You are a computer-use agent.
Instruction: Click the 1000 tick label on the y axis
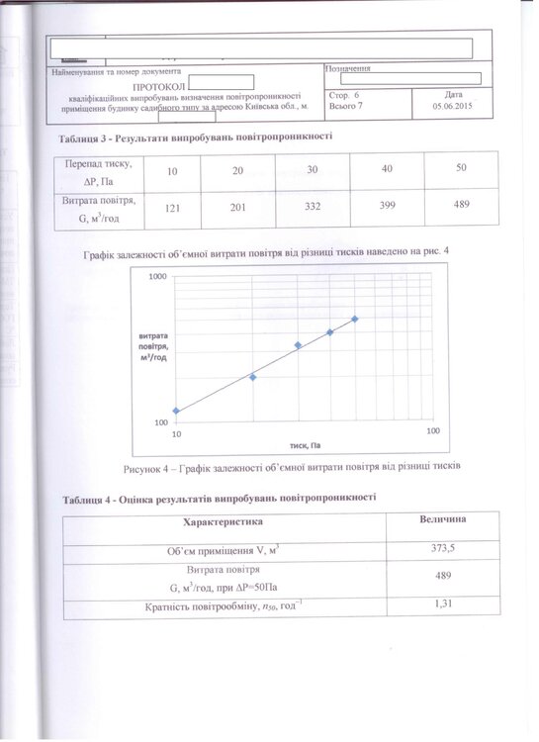(155, 278)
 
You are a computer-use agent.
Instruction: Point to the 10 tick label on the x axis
(177, 434)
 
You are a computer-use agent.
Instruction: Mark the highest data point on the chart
(355, 319)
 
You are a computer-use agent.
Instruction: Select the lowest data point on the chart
(176, 411)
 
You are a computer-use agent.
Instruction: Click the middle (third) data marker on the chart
(298, 345)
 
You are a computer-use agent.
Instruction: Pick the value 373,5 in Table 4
(443, 548)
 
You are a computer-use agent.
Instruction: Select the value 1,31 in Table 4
(443, 605)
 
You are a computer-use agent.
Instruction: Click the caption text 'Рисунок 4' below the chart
(149, 465)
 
